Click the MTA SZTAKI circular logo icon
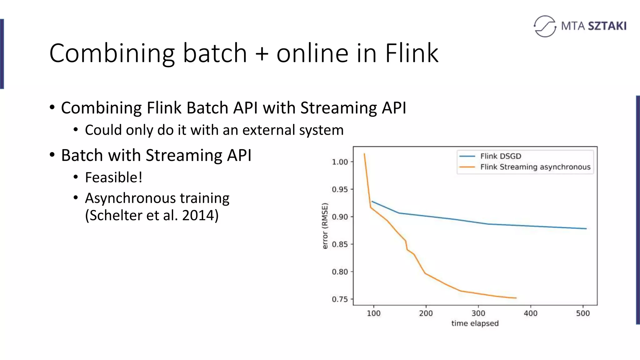(x=545, y=26)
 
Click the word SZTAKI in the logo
(x=607, y=26)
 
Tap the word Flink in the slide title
(x=412, y=53)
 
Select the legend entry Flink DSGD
(x=500, y=156)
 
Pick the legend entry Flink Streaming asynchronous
(x=535, y=167)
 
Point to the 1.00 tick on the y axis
(x=340, y=162)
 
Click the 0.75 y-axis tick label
(x=340, y=299)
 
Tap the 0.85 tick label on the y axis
(x=340, y=244)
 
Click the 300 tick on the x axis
(x=478, y=313)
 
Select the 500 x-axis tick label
(x=583, y=313)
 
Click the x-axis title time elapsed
(x=475, y=323)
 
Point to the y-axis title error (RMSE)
(x=325, y=226)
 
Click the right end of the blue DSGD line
(x=586, y=228)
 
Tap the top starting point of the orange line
(x=364, y=154)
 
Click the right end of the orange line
(x=516, y=298)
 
